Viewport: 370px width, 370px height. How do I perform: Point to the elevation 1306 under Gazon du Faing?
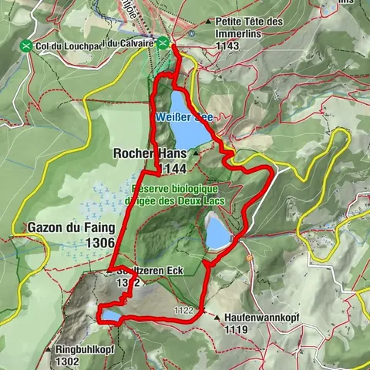coord(101,243)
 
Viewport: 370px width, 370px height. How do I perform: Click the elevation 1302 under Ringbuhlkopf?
coord(68,361)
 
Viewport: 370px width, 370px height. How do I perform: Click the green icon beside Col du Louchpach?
coord(29,45)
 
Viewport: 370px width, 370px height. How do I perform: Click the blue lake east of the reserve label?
coord(218,231)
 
